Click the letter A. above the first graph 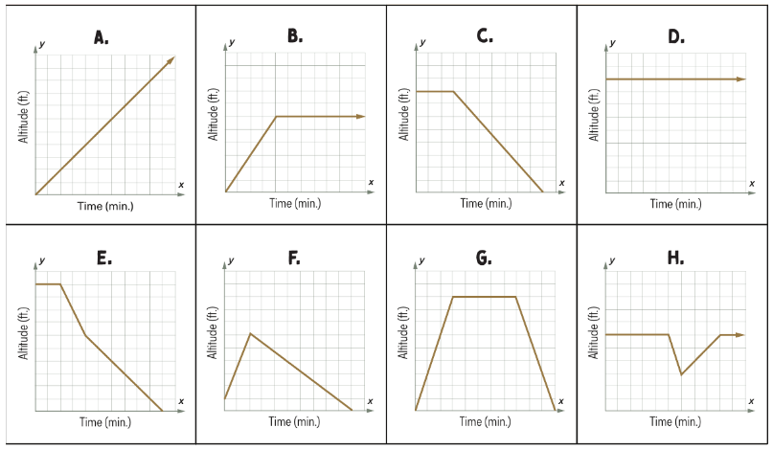click(101, 37)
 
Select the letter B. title click(295, 36)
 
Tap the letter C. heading click(485, 36)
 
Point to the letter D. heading click(676, 36)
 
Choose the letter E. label click(103, 258)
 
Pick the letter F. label click(294, 258)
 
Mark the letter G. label click(484, 258)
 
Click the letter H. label click(675, 258)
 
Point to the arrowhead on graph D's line click(740, 79)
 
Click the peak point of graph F click(250, 333)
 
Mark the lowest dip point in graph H click(681, 373)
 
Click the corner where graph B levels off click(276, 117)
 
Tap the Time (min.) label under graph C click(486, 203)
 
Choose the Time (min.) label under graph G click(486, 421)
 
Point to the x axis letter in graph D click(752, 182)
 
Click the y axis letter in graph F click(231, 261)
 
